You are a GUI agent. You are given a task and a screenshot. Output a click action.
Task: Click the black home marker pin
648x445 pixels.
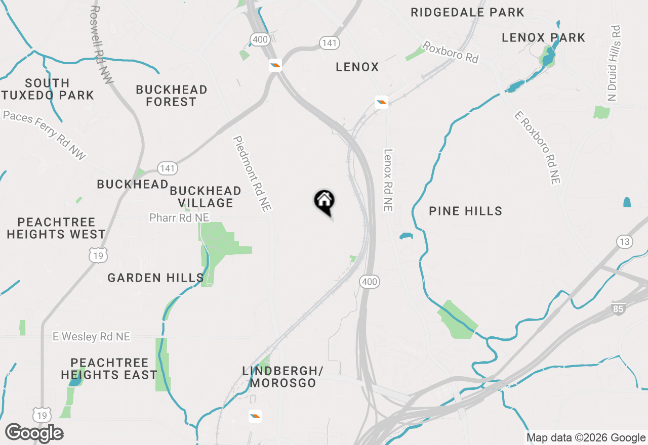click(x=325, y=201)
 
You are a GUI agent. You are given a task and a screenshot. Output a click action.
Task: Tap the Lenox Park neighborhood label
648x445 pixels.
click(x=543, y=37)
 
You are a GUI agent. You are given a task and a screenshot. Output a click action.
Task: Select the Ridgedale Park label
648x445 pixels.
click(x=467, y=13)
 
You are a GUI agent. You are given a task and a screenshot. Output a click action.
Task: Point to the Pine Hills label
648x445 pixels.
click(x=465, y=211)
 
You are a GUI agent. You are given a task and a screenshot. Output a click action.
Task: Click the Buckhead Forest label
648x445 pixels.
click(x=172, y=96)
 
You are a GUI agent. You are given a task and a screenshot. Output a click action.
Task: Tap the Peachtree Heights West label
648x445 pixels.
click(x=56, y=228)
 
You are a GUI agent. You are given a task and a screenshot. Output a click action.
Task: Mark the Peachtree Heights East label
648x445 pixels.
click(x=109, y=369)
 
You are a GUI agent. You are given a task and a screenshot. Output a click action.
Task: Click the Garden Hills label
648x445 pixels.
click(x=155, y=278)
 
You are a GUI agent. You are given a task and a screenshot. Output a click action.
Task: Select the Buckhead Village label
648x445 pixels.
click(x=205, y=197)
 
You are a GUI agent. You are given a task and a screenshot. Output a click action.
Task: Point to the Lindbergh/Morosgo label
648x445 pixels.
click(x=282, y=377)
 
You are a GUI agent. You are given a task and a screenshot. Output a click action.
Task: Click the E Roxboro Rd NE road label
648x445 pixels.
click(x=537, y=147)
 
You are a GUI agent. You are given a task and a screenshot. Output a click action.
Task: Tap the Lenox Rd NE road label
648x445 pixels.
click(x=388, y=180)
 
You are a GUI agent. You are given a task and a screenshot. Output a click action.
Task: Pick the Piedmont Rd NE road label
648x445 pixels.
click(x=252, y=173)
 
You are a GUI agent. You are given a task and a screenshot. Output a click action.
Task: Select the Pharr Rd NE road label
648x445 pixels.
click(x=179, y=217)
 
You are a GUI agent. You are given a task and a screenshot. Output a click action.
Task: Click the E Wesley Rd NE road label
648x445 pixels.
click(x=91, y=336)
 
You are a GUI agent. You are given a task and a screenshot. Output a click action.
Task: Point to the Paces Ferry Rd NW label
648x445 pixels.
click(x=45, y=135)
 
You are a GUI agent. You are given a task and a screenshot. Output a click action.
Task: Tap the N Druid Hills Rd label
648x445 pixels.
click(x=615, y=63)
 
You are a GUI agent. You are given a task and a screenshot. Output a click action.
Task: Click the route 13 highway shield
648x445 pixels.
click(x=625, y=242)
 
